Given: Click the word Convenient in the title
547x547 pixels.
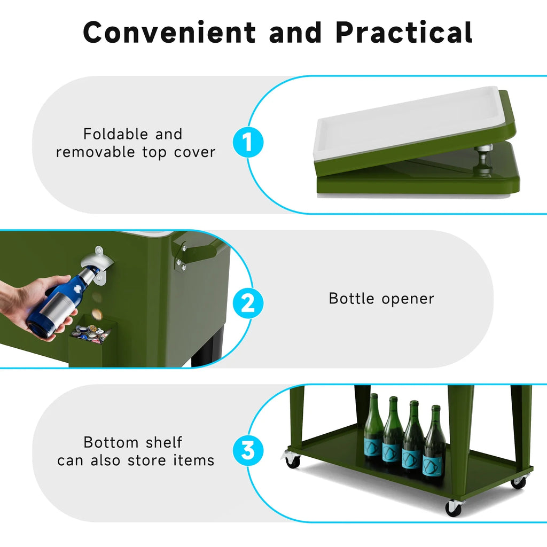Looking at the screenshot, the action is [x=169, y=32].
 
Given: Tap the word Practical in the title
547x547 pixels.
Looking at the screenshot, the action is [x=404, y=32].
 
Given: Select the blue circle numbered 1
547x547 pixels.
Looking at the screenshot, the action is [x=248, y=142].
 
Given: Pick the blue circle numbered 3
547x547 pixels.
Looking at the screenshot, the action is [x=248, y=450].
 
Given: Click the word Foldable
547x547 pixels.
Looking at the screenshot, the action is [x=116, y=134].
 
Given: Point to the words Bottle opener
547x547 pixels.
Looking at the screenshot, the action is [x=381, y=299].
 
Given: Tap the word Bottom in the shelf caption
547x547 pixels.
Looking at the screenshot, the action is [x=111, y=442].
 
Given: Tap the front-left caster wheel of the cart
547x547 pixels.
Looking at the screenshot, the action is [x=291, y=458].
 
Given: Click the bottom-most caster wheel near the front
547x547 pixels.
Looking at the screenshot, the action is [x=454, y=507].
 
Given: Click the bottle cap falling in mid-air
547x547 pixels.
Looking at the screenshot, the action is [x=97, y=314].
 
